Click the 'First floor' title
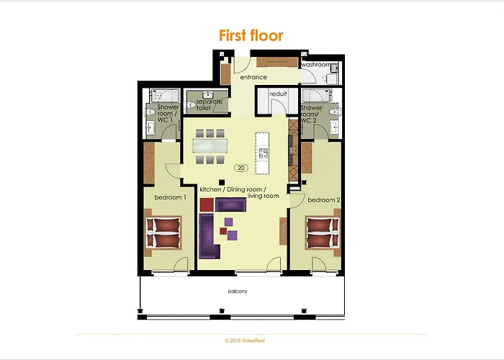[x=251, y=35]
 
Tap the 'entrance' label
[x=253, y=77]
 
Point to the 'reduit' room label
[x=279, y=94]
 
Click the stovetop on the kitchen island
[x=263, y=153]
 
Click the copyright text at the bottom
[x=251, y=340]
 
